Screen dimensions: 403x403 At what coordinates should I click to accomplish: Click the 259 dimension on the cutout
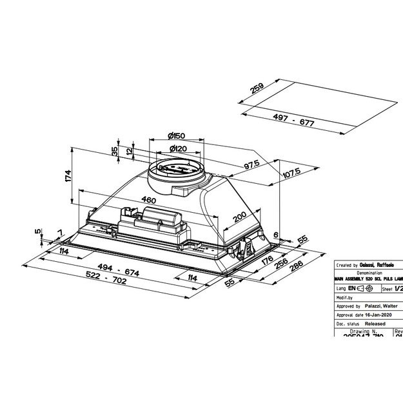[x=257, y=89]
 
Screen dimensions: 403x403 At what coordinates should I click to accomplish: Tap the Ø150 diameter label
[x=175, y=135]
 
